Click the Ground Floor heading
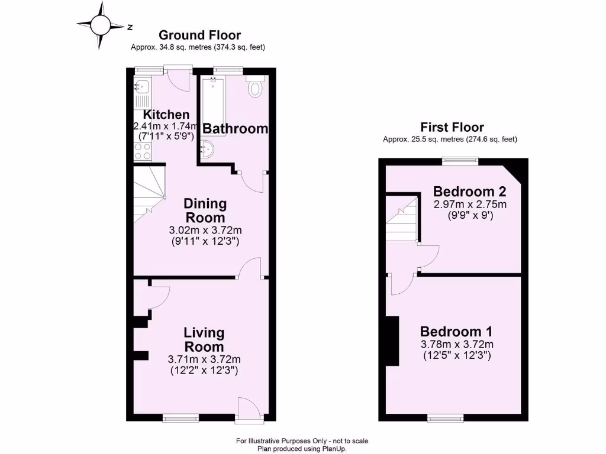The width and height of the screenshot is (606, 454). pyautogui.click(x=199, y=35)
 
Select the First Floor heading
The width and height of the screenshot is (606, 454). pyautogui.click(x=452, y=127)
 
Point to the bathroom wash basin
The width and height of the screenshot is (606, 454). pyautogui.click(x=208, y=150)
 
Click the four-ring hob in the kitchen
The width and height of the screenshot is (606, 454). pyautogui.click(x=142, y=151)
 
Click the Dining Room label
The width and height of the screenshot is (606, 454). pyautogui.click(x=204, y=210)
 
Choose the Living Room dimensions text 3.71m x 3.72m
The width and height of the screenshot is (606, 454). pyautogui.click(x=203, y=359)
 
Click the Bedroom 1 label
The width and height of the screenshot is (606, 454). pyautogui.click(x=456, y=332)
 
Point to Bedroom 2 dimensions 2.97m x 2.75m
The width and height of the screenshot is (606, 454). pyautogui.click(x=470, y=204)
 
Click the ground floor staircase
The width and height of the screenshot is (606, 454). pyautogui.click(x=148, y=192)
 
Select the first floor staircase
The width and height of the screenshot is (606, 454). pyautogui.click(x=402, y=219)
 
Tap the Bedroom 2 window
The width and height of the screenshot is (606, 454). pyautogui.click(x=460, y=160)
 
